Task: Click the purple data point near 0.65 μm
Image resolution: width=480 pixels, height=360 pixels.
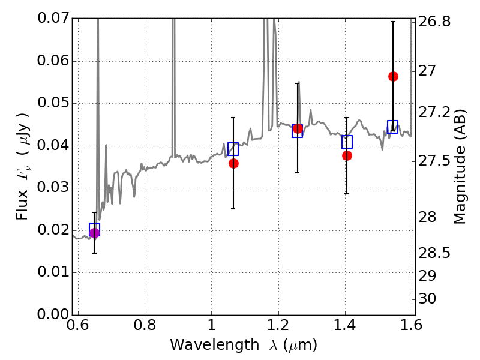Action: click(x=94, y=233)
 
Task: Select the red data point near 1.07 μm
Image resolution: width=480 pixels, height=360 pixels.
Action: click(x=233, y=163)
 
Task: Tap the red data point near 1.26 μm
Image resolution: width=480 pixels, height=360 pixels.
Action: click(x=298, y=129)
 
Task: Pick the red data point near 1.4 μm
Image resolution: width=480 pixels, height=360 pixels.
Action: click(x=347, y=156)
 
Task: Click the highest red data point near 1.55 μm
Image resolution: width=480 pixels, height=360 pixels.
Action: click(x=393, y=77)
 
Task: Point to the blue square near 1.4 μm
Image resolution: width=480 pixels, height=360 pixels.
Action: click(x=347, y=142)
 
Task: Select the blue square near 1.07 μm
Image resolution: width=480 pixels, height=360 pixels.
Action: click(x=233, y=149)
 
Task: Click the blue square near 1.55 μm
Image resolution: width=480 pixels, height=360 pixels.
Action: click(x=392, y=127)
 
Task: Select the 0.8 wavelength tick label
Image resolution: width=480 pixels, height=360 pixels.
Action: click(x=145, y=325)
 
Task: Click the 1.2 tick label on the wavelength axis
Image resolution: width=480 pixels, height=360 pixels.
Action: click(x=278, y=325)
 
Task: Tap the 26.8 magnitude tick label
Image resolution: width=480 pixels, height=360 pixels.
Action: click(x=434, y=22)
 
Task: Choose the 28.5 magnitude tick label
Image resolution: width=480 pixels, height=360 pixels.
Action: click(x=434, y=254)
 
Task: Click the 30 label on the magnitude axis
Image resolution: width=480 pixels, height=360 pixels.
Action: click(x=427, y=298)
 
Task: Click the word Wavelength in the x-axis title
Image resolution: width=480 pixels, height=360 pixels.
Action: click(x=215, y=345)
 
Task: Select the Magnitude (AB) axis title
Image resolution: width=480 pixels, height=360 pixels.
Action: click(x=460, y=167)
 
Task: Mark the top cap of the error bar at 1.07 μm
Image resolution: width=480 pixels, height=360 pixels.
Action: click(x=233, y=118)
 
